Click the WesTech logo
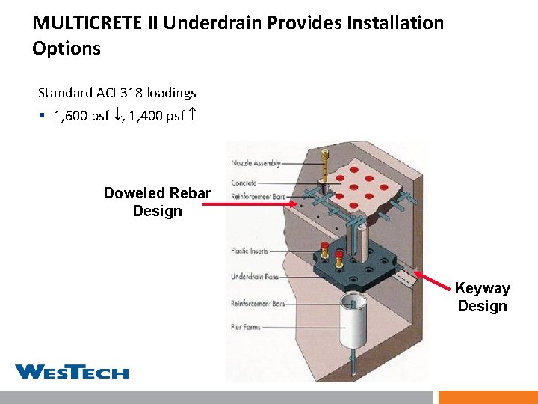click(72, 372)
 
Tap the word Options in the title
click(67, 49)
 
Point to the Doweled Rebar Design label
click(157, 202)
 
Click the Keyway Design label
click(482, 297)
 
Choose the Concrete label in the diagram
click(244, 183)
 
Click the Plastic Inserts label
click(249, 251)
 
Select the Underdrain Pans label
click(253, 277)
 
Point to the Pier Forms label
click(246, 327)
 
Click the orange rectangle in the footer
click(487, 397)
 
